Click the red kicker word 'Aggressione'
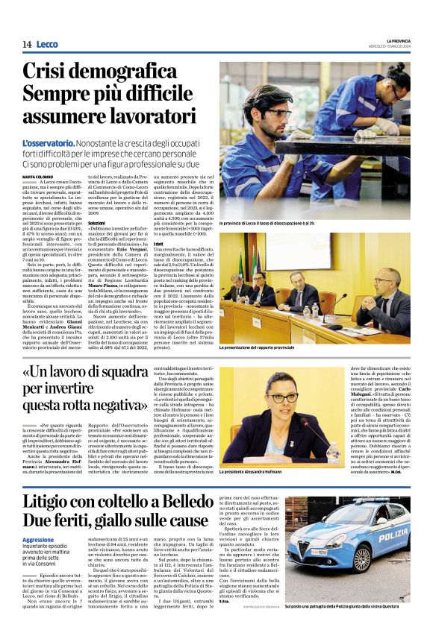click(38, 518)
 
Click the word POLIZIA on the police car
click(391, 536)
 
